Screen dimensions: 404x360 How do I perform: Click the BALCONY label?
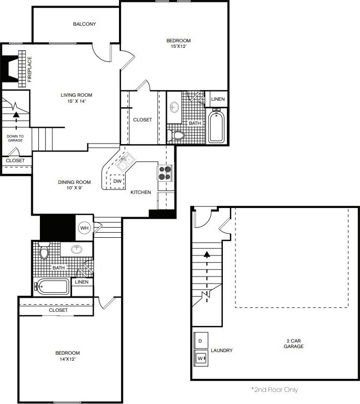[x=84, y=24]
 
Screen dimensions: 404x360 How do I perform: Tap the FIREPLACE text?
[x=30, y=69]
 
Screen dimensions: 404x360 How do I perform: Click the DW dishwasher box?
[x=117, y=181]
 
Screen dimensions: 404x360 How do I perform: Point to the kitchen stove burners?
[x=164, y=173]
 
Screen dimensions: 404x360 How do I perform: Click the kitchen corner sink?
[x=124, y=161]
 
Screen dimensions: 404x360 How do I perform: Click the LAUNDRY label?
[x=221, y=351]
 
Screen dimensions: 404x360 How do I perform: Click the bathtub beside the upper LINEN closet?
[x=217, y=126]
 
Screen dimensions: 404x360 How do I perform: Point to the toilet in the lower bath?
[x=44, y=252]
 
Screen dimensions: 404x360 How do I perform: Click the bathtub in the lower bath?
[x=52, y=287]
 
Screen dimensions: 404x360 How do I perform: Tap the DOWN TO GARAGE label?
[x=15, y=138]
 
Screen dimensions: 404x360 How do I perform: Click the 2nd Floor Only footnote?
[x=274, y=389]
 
